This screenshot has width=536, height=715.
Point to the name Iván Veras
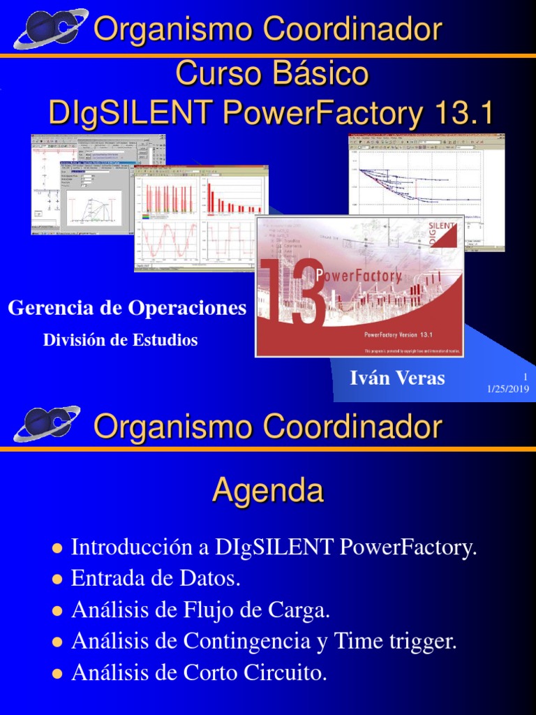[x=397, y=378]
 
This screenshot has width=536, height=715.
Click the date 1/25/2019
[x=508, y=389]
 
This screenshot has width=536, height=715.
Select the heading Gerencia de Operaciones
[x=127, y=308]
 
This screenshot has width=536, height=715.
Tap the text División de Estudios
[x=121, y=341]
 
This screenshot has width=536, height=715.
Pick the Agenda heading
[x=268, y=491]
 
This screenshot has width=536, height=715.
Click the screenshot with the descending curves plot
[x=426, y=192]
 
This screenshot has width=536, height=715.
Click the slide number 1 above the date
[x=525, y=377]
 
